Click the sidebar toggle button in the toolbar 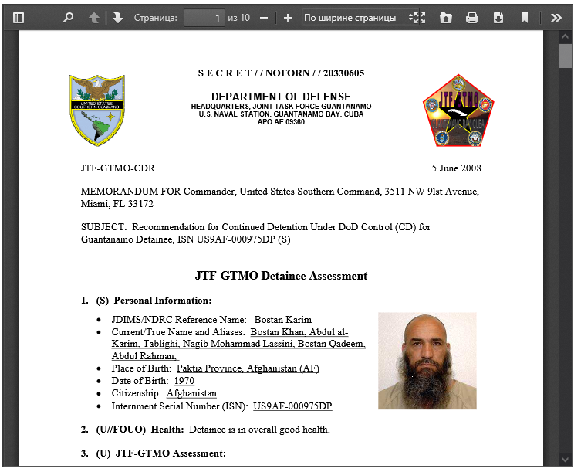point(19,17)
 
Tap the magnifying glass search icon point(68,17)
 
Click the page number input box point(204,17)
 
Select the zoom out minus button point(264,17)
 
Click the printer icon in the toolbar point(472,17)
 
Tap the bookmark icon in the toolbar point(525,17)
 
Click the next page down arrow point(117,17)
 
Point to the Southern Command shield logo point(96,110)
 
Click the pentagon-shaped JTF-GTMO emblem point(457,110)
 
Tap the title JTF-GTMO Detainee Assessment point(281,276)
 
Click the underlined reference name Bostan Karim point(282,320)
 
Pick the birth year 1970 point(184,381)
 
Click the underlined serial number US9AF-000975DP point(292,406)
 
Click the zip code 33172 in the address point(140,204)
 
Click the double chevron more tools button point(556,17)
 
